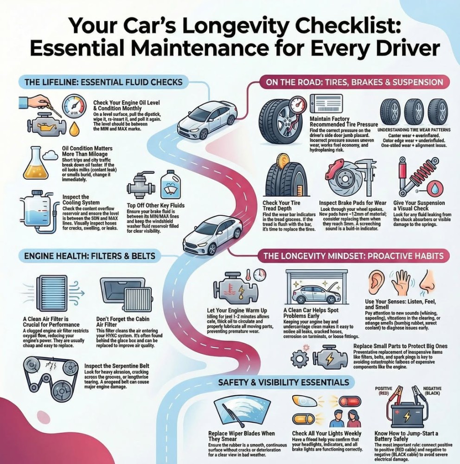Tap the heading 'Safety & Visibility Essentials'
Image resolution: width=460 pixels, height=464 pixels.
(284, 382)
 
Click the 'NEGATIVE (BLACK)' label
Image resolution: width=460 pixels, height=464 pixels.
(434, 390)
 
